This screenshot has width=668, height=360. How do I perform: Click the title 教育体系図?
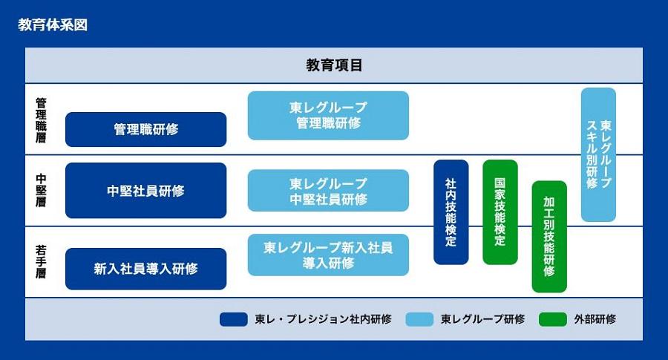click(53, 24)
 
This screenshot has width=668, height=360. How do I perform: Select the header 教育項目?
click(334, 65)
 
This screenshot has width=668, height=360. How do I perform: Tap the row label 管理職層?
click(41, 120)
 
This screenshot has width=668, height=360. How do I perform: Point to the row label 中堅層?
click(41, 190)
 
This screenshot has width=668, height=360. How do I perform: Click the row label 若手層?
click(41, 261)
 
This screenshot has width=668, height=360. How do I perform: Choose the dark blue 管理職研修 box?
click(145, 129)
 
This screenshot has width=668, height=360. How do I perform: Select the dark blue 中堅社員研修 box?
click(145, 191)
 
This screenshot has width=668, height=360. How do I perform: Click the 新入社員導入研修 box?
click(145, 269)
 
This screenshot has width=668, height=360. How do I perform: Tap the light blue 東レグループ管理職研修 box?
click(328, 116)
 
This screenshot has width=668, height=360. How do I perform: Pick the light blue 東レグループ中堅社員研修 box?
click(328, 191)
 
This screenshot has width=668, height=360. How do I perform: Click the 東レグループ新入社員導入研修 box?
click(328, 255)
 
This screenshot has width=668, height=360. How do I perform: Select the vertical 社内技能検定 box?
click(451, 212)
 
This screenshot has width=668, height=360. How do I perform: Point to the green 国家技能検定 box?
click(500, 212)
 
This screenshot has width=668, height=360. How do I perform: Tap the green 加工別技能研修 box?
click(549, 237)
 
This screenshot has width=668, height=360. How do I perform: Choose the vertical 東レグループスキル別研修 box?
click(598, 154)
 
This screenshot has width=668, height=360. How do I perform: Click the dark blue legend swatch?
click(234, 319)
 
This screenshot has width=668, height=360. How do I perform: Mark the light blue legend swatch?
click(419, 319)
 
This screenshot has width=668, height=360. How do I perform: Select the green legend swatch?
click(552, 319)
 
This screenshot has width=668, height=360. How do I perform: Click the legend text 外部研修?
click(595, 319)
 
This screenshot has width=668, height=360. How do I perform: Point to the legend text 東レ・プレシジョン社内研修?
click(323, 319)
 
